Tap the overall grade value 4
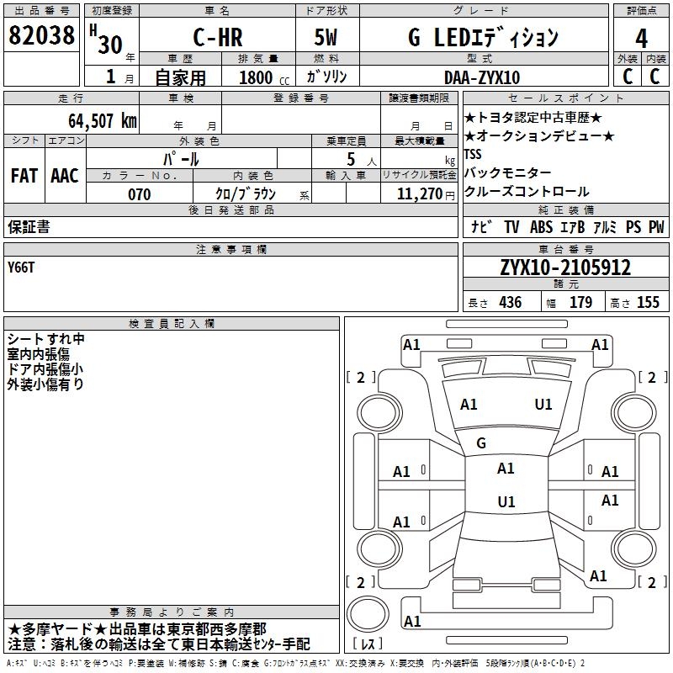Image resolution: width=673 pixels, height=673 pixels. click(642, 39)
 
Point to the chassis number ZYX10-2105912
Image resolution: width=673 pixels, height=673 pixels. click(565, 268)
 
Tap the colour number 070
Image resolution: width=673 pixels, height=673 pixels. click(139, 194)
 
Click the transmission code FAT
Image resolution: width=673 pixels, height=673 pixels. click(24, 176)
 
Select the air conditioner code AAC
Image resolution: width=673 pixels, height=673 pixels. click(65, 176)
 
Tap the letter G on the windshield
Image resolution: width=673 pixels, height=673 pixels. click(481, 443)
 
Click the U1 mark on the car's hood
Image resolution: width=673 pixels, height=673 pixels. click(543, 405)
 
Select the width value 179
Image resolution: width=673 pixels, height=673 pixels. click(580, 303)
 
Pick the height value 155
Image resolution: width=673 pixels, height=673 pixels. click(648, 303)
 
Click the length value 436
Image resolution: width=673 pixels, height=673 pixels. click(510, 303)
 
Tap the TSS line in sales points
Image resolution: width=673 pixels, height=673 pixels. click(474, 155)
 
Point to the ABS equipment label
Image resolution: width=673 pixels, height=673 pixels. click(541, 227)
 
